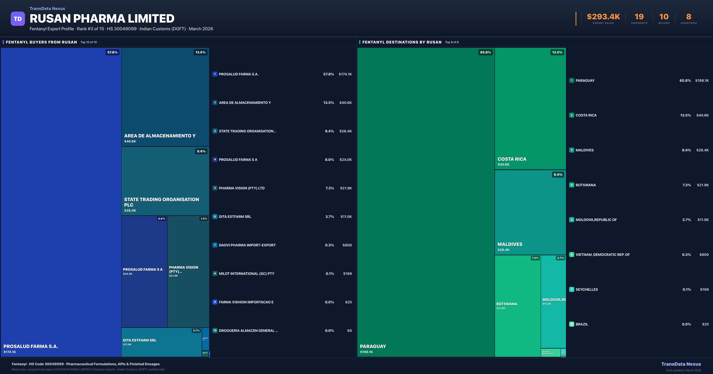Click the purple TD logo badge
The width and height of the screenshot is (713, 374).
[18, 19]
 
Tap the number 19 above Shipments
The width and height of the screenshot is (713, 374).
[639, 17]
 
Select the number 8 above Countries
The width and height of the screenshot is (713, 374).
[689, 17]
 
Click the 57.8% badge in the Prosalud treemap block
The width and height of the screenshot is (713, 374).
[112, 52]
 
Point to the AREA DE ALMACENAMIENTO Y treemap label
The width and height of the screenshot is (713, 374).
[160, 136]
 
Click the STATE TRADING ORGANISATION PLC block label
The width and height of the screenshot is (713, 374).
[161, 202]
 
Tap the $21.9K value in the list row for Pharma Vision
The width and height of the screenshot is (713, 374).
[346, 188]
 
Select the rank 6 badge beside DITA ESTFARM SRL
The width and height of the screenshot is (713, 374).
[215, 217]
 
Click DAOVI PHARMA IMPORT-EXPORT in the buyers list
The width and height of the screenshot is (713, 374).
[247, 245]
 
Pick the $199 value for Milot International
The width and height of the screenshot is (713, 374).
[347, 274]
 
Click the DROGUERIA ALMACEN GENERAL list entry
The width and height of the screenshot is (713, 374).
[248, 331]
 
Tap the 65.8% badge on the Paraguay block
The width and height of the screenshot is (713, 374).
[485, 52]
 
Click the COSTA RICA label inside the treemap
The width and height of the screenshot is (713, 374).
[512, 159]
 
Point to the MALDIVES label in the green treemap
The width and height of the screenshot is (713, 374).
[510, 244]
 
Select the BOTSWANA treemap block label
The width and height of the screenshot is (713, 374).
[507, 304]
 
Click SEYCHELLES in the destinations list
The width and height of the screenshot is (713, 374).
[586, 289]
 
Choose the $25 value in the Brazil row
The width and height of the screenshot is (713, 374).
[705, 324]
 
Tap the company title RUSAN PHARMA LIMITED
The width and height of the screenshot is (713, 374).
[102, 19]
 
